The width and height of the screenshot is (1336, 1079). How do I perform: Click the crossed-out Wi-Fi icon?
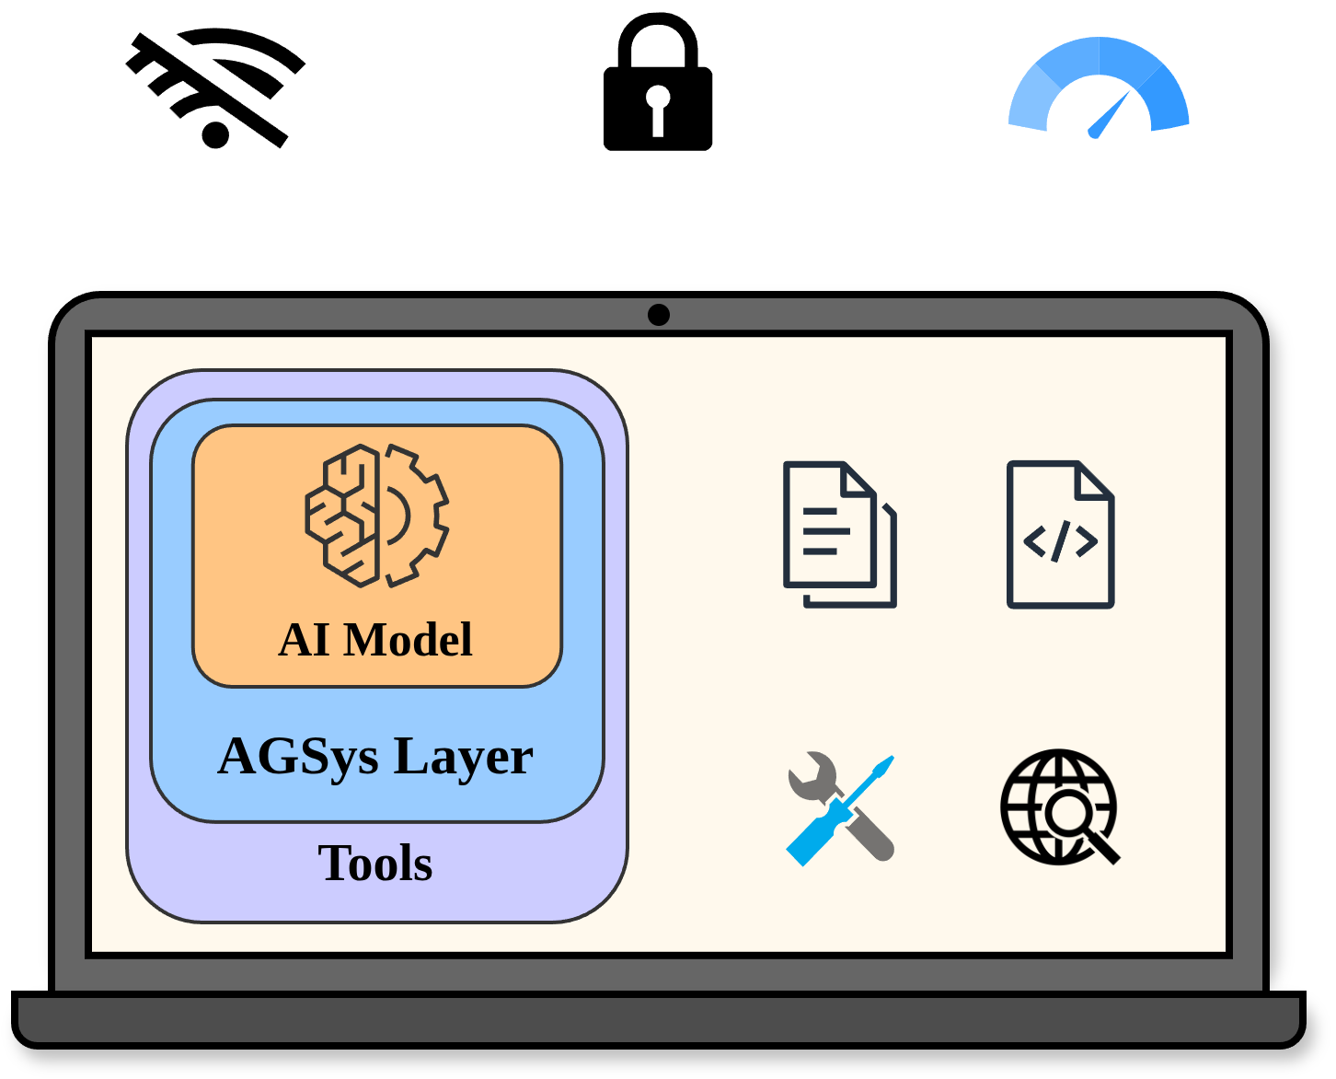tap(215, 87)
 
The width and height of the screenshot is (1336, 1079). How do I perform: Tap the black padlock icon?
tap(657, 82)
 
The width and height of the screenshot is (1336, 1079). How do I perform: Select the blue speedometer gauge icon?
tap(1099, 87)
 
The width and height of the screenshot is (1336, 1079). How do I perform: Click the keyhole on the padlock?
tap(657, 110)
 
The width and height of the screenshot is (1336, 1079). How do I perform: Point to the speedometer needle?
tap(1109, 115)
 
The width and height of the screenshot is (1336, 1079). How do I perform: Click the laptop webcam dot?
tap(658, 315)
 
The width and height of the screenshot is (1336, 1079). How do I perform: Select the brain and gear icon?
tap(376, 516)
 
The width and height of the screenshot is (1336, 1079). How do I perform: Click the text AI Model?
tap(375, 640)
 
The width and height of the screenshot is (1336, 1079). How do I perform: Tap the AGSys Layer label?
tap(375, 757)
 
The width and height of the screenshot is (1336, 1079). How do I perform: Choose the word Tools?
tap(375, 863)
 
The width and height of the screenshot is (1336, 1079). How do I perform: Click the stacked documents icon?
tap(839, 534)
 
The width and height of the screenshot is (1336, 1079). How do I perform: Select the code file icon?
tap(1060, 534)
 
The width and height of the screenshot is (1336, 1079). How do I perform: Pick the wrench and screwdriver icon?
tap(840, 809)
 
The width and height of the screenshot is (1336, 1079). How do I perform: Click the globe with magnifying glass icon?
tap(1059, 807)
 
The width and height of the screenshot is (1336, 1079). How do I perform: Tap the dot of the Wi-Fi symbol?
tap(215, 135)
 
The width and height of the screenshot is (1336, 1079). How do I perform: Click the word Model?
tap(408, 640)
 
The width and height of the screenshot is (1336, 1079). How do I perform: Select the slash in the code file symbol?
tap(1060, 541)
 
